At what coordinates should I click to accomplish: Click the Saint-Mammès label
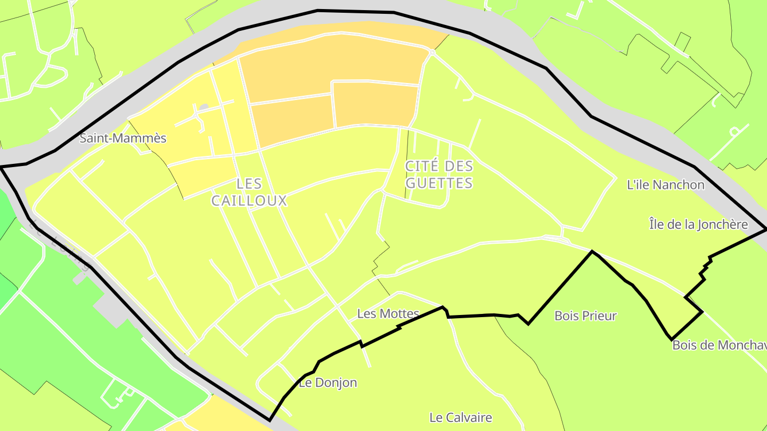click(123, 138)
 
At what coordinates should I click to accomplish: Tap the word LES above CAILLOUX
click(249, 184)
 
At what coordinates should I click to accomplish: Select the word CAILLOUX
click(249, 201)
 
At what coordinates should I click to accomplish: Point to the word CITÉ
click(423, 166)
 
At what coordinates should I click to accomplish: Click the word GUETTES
click(439, 183)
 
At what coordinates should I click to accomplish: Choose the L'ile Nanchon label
click(666, 185)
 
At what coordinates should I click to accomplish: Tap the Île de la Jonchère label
click(698, 225)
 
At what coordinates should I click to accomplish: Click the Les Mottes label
click(388, 313)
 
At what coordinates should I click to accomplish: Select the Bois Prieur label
click(585, 316)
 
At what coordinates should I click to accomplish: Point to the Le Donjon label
click(328, 383)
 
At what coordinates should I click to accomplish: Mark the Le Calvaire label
click(461, 417)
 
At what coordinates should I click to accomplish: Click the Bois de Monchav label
click(719, 345)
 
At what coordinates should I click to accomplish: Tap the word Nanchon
click(679, 185)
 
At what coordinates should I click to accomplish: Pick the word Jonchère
click(723, 225)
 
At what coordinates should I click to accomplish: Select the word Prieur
click(599, 316)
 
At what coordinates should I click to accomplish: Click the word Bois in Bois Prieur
click(567, 316)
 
